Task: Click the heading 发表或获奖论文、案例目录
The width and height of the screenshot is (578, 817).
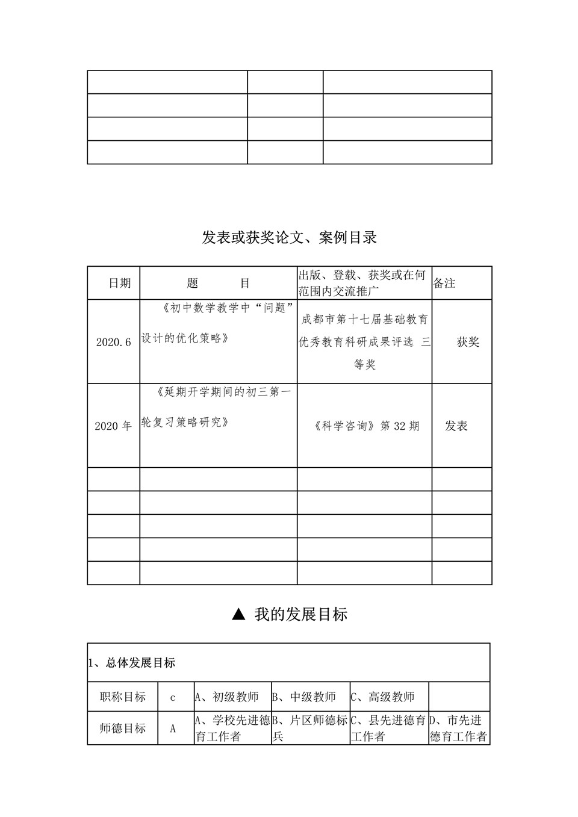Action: click(289, 238)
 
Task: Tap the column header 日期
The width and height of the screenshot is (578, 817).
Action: click(119, 283)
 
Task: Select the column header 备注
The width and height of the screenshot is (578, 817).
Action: click(444, 283)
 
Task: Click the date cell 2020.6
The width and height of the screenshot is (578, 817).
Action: click(113, 342)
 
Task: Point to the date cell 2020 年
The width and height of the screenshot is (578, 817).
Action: click(113, 426)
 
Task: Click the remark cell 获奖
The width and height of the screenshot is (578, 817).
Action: click(468, 342)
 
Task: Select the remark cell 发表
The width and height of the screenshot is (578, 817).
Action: click(456, 426)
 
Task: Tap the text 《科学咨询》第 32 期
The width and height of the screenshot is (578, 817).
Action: click(366, 426)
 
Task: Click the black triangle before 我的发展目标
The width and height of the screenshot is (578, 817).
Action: click(238, 614)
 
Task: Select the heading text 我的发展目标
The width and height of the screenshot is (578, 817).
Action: click(300, 615)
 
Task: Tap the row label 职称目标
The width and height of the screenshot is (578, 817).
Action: click(122, 697)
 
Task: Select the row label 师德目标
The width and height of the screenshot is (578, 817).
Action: click(122, 728)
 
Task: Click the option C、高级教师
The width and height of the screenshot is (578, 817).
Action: click(383, 697)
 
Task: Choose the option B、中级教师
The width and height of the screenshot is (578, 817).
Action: click(305, 697)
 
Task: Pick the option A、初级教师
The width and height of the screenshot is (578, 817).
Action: click(226, 697)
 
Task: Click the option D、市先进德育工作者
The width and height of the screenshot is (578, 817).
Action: click(458, 728)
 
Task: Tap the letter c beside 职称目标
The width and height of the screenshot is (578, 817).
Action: click(173, 698)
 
